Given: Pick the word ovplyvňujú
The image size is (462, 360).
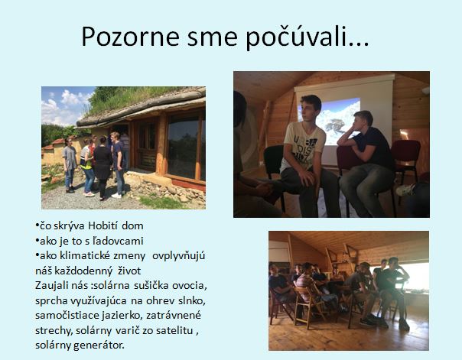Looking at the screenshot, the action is coord(178,256).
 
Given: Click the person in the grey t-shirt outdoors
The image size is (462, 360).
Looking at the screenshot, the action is coord(70,164).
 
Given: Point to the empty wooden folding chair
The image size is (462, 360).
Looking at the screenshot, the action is coord(307,306).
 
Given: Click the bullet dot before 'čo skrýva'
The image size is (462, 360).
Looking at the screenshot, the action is coord(37,225).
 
